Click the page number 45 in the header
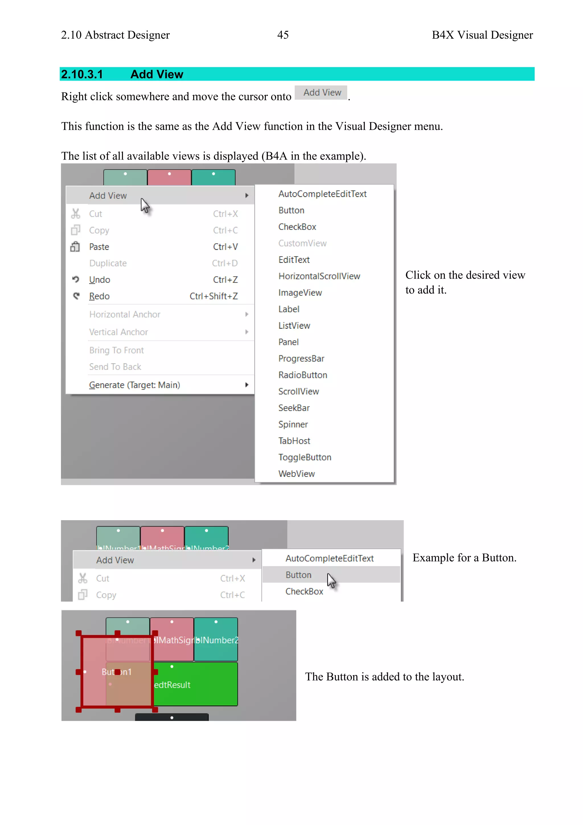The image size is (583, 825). (283, 35)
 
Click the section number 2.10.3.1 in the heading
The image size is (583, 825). (82, 74)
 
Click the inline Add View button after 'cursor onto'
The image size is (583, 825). (322, 93)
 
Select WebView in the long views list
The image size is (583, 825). (297, 473)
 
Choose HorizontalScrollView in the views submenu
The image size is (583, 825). (319, 276)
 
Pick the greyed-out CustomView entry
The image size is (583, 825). (302, 243)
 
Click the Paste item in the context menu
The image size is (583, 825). (99, 247)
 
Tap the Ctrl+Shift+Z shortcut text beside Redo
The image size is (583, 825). (213, 296)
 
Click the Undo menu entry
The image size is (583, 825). (99, 279)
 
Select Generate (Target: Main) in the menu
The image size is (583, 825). (134, 385)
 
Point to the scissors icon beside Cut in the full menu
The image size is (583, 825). (75, 214)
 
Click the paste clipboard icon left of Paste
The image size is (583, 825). (75, 247)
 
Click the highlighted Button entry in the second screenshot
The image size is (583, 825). (298, 575)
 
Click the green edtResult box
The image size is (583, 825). (196, 685)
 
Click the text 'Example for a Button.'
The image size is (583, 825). (464, 558)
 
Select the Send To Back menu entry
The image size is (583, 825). (115, 367)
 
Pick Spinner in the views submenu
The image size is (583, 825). (293, 424)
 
